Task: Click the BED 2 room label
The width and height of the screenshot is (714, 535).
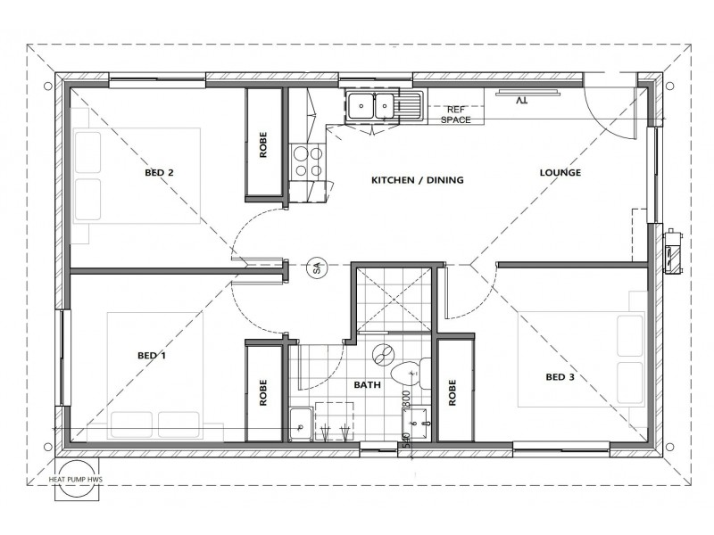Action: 159,172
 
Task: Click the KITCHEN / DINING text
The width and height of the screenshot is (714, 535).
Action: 418,180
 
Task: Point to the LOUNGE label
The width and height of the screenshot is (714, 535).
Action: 560,173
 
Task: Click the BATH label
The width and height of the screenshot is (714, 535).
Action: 367,386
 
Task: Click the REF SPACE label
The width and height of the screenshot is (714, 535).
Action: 455,114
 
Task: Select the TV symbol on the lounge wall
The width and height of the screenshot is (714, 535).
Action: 519,100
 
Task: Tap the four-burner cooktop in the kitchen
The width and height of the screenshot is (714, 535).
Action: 308,160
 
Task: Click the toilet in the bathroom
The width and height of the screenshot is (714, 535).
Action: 413,366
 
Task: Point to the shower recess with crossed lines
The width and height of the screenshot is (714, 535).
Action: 394,298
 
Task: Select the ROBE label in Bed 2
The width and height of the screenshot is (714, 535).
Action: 263,145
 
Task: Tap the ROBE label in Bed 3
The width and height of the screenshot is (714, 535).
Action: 452,392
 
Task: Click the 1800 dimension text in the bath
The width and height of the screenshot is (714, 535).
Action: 406,399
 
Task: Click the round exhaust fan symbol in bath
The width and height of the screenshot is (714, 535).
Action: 383,354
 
